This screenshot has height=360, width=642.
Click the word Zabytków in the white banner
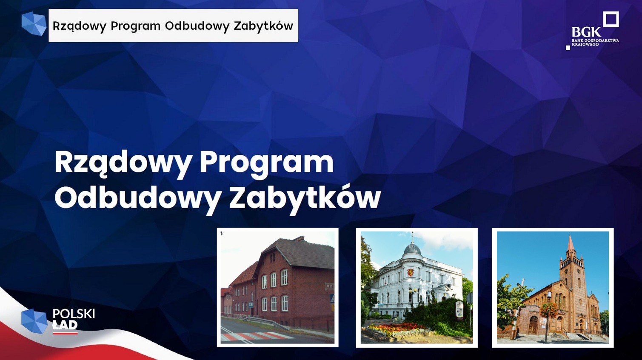[263, 26]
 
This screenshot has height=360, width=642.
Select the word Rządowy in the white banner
[78, 26]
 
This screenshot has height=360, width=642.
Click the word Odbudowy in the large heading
[137, 198]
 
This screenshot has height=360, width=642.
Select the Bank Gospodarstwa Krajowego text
[595, 43]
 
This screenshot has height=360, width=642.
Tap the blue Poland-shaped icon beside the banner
[34, 24]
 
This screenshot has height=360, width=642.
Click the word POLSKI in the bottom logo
[74, 314]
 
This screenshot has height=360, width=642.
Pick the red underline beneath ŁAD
[66, 333]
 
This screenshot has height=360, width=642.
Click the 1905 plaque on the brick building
[330, 286]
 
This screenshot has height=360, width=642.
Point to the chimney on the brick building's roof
[299, 238]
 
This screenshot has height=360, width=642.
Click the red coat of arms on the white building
[410, 272]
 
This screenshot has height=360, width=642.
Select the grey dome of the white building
[412, 249]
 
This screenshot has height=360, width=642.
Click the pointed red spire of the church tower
[571, 243]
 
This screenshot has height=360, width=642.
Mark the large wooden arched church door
[534, 326]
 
